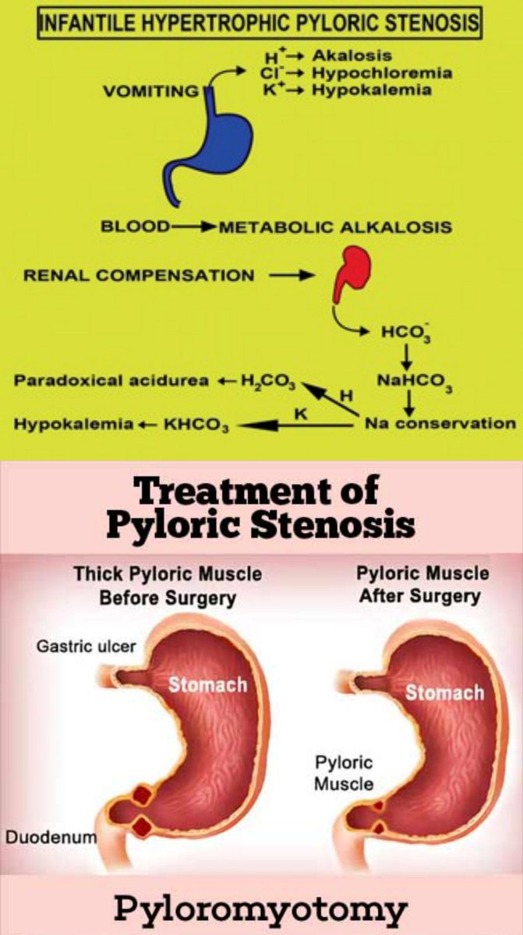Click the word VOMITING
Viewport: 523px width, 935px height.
click(x=150, y=91)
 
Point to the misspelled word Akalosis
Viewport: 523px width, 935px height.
click(x=352, y=56)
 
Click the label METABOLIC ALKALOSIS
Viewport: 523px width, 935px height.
click(x=335, y=227)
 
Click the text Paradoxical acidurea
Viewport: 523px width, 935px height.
click(x=111, y=381)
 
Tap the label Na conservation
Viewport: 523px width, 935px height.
click(x=440, y=424)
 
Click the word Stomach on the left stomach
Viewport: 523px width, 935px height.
click(x=208, y=685)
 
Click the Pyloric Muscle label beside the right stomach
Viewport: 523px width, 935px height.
click(x=344, y=772)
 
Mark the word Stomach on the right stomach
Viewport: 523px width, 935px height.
click(x=444, y=693)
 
